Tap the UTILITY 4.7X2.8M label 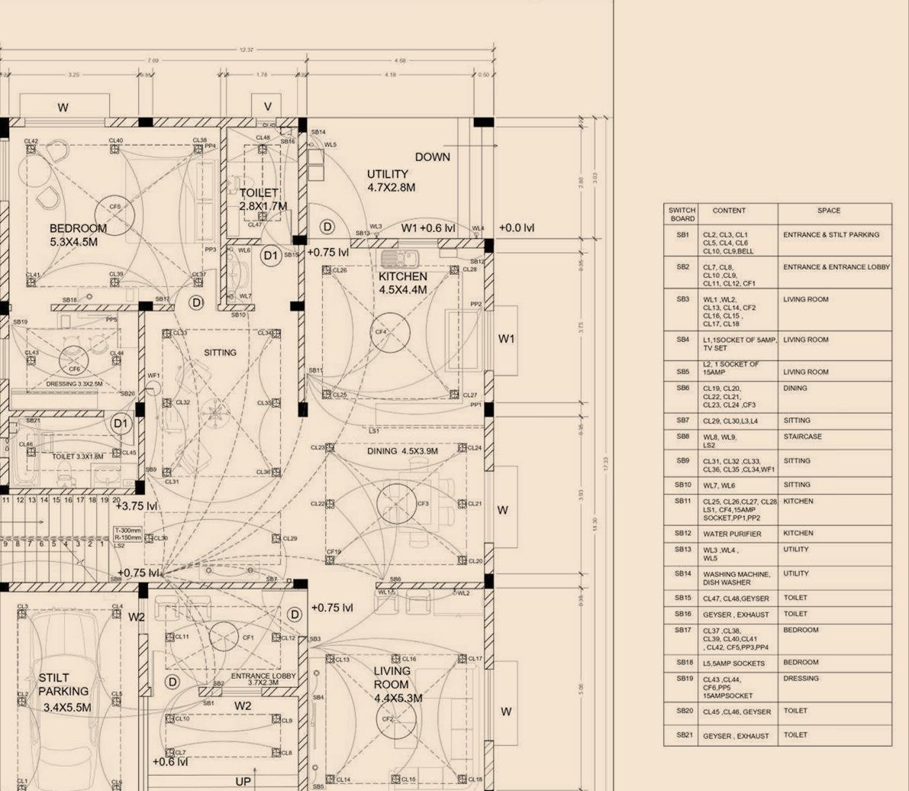(x=392, y=180)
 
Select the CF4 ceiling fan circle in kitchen (x=391, y=332)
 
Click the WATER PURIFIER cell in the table (x=731, y=534)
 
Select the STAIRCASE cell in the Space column (x=798, y=437)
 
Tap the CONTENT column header (x=729, y=210)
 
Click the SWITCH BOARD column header (x=682, y=214)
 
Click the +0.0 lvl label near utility (x=517, y=228)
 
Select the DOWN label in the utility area (x=432, y=157)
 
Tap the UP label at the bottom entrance (x=243, y=781)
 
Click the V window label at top (x=267, y=107)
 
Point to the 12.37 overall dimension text (x=247, y=50)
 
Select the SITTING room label (x=220, y=353)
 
